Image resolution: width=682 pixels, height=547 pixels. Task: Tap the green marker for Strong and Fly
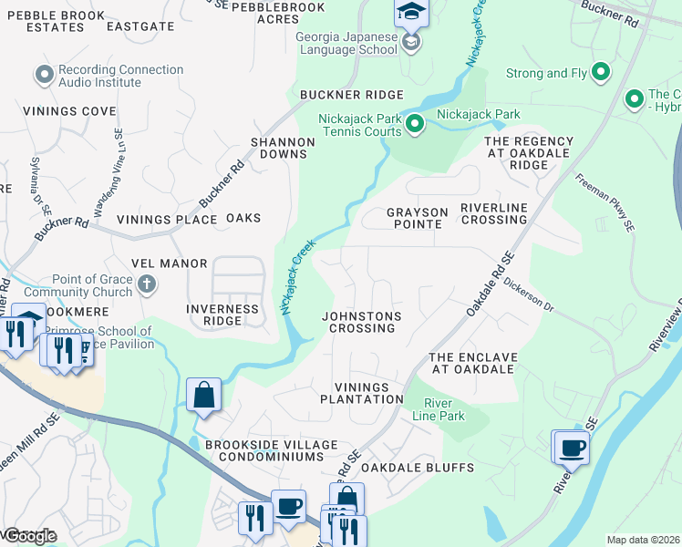click(600, 72)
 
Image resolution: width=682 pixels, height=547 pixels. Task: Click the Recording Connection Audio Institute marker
click(43, 75)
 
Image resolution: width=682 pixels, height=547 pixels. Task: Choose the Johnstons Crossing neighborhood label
click(361, 322)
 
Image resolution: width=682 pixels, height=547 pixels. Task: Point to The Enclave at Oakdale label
click(472, 363)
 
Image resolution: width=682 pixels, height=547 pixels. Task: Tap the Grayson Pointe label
click(418, 219)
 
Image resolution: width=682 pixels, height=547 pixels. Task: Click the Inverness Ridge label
click(222, 315)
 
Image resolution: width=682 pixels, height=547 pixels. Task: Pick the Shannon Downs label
click(284, 148)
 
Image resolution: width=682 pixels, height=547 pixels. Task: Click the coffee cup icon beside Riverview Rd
click(573, 449)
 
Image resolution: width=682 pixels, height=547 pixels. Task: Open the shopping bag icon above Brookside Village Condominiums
click(204, 397)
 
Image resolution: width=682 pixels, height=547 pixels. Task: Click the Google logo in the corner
click(29, 536)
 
